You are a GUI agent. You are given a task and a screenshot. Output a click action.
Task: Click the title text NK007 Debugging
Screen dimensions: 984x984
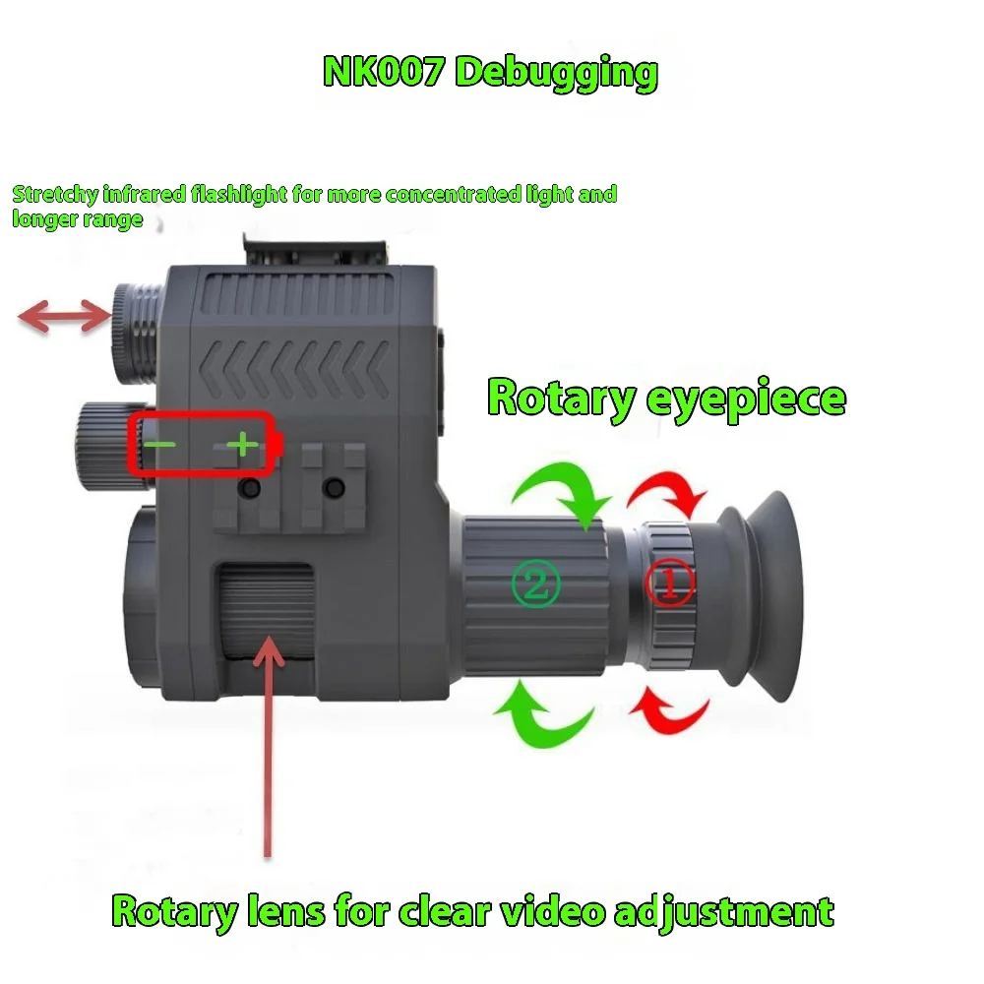[x=490, y=73]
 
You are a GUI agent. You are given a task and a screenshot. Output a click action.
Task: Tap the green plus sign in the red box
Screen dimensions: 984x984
[x=242, y=446]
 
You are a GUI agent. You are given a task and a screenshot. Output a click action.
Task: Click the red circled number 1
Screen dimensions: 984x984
[x=669, y=583]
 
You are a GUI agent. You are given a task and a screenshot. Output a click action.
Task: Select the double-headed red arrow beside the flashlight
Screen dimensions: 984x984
[x=65, y=317]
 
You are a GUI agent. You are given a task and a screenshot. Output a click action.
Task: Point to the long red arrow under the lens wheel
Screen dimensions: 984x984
[x=268, y=748]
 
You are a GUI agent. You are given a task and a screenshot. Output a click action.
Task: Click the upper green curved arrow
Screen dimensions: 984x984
[x=561, y=490]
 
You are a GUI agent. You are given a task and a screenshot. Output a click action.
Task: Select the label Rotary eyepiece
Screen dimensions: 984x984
[x=666, y=399]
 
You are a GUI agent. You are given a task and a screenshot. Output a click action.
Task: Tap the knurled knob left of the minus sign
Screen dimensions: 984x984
[x=100, y=445]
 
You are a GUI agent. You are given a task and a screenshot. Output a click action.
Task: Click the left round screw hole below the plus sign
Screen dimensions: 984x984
[x=252, y=488]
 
